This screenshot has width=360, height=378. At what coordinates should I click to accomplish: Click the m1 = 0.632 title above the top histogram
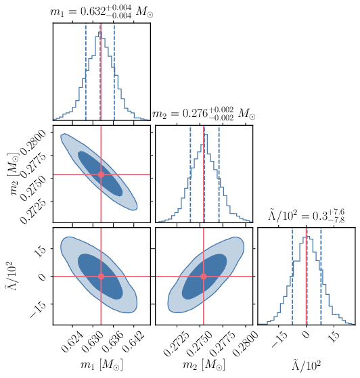(101, 10)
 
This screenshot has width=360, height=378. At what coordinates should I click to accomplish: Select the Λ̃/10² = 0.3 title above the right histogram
(307, 218)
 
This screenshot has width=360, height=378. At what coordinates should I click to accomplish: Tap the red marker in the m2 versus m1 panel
(101, 174)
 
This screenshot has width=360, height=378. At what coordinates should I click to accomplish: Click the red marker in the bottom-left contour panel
(101, 277)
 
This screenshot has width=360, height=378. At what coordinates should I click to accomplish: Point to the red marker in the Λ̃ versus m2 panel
(204, 277)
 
